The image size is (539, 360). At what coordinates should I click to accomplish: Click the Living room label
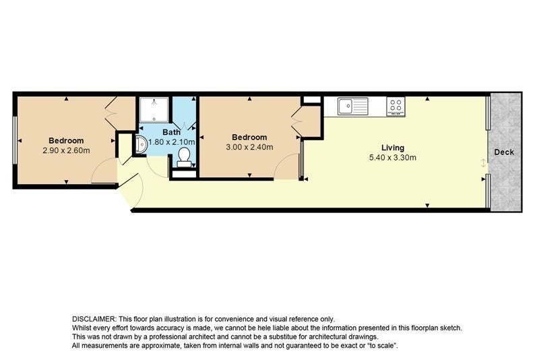(393, 148)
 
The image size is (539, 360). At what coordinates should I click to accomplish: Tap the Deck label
(504, 152)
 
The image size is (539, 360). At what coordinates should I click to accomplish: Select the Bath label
(171, 132)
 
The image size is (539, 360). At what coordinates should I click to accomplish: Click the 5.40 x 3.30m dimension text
(393, 158)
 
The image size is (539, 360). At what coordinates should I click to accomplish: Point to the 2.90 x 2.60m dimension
(66, 150)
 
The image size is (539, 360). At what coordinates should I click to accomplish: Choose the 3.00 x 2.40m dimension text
(249, 147)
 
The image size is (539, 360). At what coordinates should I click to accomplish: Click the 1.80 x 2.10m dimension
(172, 142)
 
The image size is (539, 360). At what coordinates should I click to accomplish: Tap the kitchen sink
(352, 107)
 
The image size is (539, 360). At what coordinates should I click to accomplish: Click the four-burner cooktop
(395, 107)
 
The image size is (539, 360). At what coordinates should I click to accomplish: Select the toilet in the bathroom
(184, 158)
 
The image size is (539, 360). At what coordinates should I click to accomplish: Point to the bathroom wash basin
(141, 144)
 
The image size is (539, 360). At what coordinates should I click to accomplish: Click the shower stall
(154, 110)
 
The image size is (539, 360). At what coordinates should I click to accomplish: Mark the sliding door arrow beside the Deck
(483, 163)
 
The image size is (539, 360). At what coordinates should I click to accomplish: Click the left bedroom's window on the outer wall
(15, 140)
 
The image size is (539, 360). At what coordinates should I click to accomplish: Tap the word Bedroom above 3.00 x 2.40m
(249, 138)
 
